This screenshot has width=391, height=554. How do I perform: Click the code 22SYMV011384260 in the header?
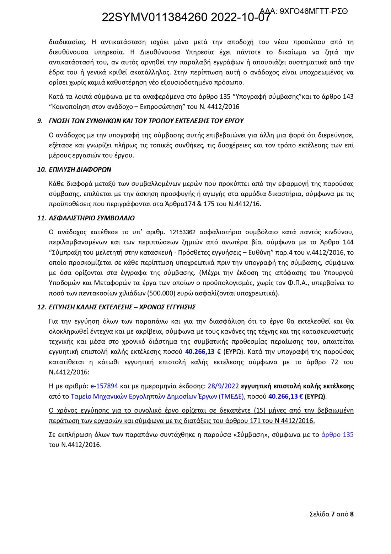pos(154,17)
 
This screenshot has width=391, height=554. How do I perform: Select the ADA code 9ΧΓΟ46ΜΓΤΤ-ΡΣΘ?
pos(314,11)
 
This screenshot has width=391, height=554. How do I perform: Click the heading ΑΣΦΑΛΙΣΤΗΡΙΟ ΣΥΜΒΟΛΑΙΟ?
pos(92,218)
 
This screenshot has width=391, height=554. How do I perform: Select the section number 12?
pos(41,307)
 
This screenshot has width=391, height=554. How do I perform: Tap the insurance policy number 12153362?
pos(183,232)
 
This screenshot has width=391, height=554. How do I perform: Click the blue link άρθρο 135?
pos(337,435)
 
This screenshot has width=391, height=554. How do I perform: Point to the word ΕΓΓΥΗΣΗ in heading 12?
pos(62,307)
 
